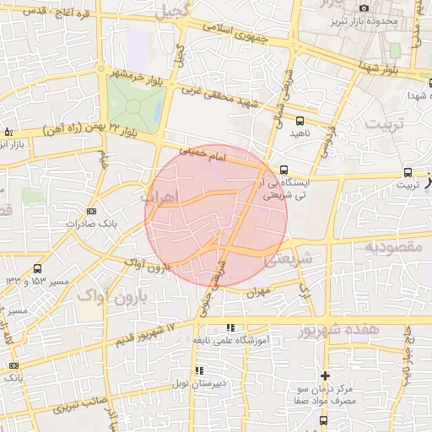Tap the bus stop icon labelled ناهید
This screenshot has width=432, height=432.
click(x=301, y=121)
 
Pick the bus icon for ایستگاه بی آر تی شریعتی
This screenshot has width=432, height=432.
click(x=284, y=170)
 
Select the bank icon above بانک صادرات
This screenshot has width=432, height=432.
click(x=91, y=211)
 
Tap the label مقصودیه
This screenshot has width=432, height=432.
click(x=391, y=246)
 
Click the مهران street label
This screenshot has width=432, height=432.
click(x=258, y=293)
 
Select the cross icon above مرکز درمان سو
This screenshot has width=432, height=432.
click(x=326, y=375)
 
